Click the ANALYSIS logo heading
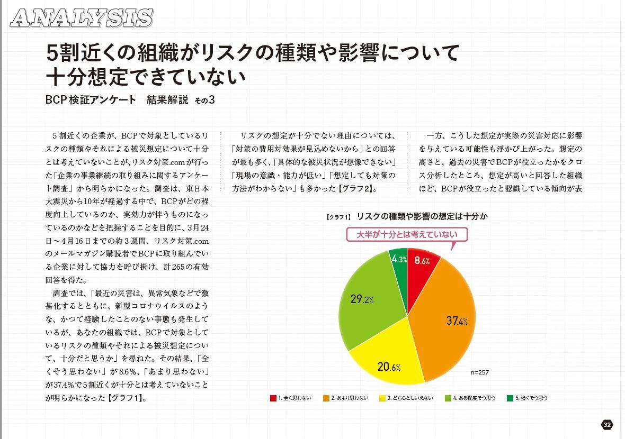(81, 18)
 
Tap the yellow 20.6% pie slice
(389, 360)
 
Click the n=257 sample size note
(480, 372)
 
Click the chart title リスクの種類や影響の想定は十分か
(422, 217)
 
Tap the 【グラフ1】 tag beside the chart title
(339, 217)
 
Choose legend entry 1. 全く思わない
(291, 398)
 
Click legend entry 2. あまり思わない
(345, 398)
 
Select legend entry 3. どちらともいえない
(406, 398)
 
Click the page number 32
(607, 425)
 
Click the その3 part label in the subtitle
(206, 100)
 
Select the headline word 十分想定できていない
(146, 77)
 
